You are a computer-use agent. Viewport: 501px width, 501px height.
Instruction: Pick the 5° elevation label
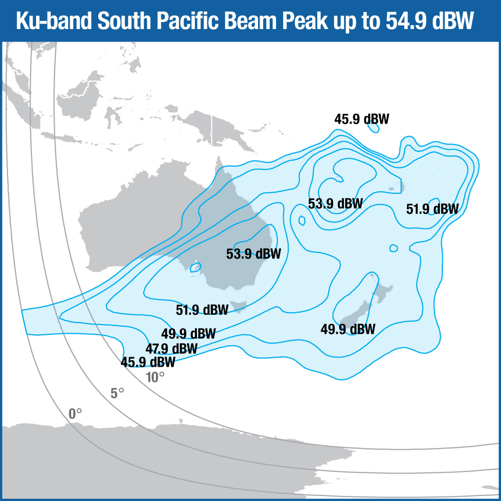click(117, 393)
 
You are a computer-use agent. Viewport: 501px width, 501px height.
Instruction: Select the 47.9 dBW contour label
click(171, 348)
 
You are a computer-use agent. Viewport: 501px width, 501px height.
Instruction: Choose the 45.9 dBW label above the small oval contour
click(362, 119)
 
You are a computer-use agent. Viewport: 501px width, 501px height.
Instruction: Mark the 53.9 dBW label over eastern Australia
click(254, 254)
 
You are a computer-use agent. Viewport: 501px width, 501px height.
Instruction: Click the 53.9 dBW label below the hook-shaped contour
click(335, 204)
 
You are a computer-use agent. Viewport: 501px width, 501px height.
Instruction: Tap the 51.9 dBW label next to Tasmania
click(202, 309)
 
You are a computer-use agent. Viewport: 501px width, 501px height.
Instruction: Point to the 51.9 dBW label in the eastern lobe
click(432, 209)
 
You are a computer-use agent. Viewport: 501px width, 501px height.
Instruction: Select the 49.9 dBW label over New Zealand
click(348, 329)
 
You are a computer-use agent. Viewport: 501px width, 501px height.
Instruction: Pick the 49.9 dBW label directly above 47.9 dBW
click(188, 334)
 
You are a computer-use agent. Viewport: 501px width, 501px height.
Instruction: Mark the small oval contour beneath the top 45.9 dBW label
click(373, 128)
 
